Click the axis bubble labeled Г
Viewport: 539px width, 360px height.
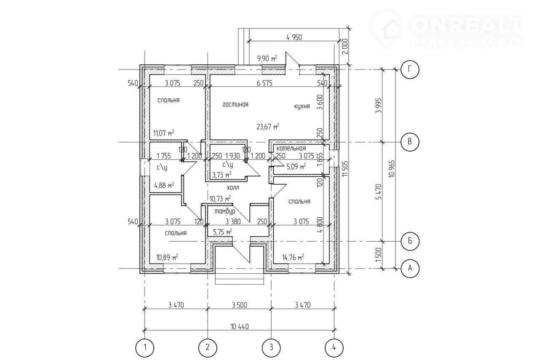coord(410,70)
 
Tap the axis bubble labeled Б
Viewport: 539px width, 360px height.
coord(410,241)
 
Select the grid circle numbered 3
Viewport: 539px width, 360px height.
coord(271,348)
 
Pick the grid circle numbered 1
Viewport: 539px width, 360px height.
coord(144,348)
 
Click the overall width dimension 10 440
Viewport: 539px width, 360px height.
coord(240,327)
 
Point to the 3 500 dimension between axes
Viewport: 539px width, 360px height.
coord(240,305)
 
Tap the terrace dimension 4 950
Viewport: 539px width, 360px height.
coord(294,37)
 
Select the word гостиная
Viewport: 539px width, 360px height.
coord(235,104)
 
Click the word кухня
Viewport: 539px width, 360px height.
coord(302,107)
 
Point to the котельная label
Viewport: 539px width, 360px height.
coord(291,148)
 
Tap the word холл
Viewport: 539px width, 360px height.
coord(233,187)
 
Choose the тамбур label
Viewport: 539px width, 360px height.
coord(225,211)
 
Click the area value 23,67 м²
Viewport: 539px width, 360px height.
coord(268,127)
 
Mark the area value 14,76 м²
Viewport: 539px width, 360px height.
coord(293,258)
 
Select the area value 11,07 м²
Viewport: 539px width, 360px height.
coord(164,133)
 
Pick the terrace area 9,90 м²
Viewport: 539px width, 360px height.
coord(267,58)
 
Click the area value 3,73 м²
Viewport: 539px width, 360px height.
coord(221,174)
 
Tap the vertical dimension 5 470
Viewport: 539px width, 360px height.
coord(380,192)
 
